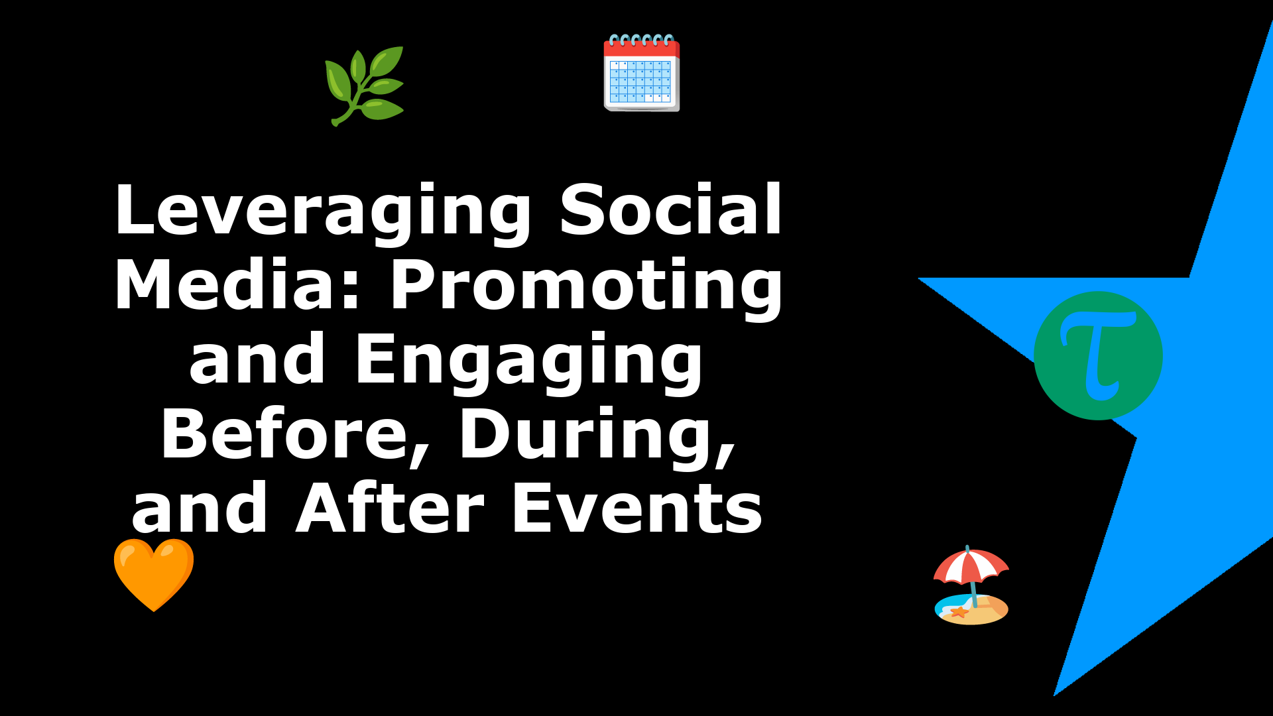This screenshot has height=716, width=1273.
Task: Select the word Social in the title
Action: [671, 209]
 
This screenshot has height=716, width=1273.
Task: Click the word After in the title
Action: [391, 508]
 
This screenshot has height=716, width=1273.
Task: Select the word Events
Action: [637, 508]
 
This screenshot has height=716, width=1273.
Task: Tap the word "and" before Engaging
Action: [257, 358]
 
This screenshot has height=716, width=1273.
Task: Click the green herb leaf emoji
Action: [364, 86]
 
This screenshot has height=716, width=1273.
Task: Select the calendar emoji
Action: [642, 72]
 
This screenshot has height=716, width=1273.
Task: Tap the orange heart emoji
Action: [154, 574]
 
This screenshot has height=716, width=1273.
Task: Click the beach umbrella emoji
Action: [971, 585]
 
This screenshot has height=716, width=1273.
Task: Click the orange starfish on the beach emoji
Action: [959, 612]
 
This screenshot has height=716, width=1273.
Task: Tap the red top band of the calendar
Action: [642, 48]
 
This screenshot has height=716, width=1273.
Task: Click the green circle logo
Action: [1098, 355]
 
